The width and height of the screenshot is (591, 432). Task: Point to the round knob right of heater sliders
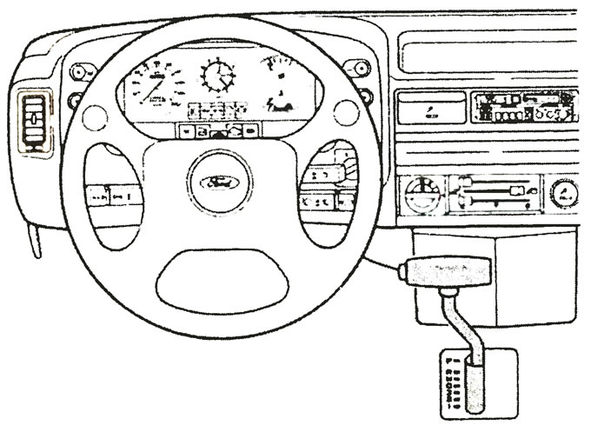click(x=567, y=192)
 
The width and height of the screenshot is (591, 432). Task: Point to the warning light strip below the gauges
click(x=217, y=130)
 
